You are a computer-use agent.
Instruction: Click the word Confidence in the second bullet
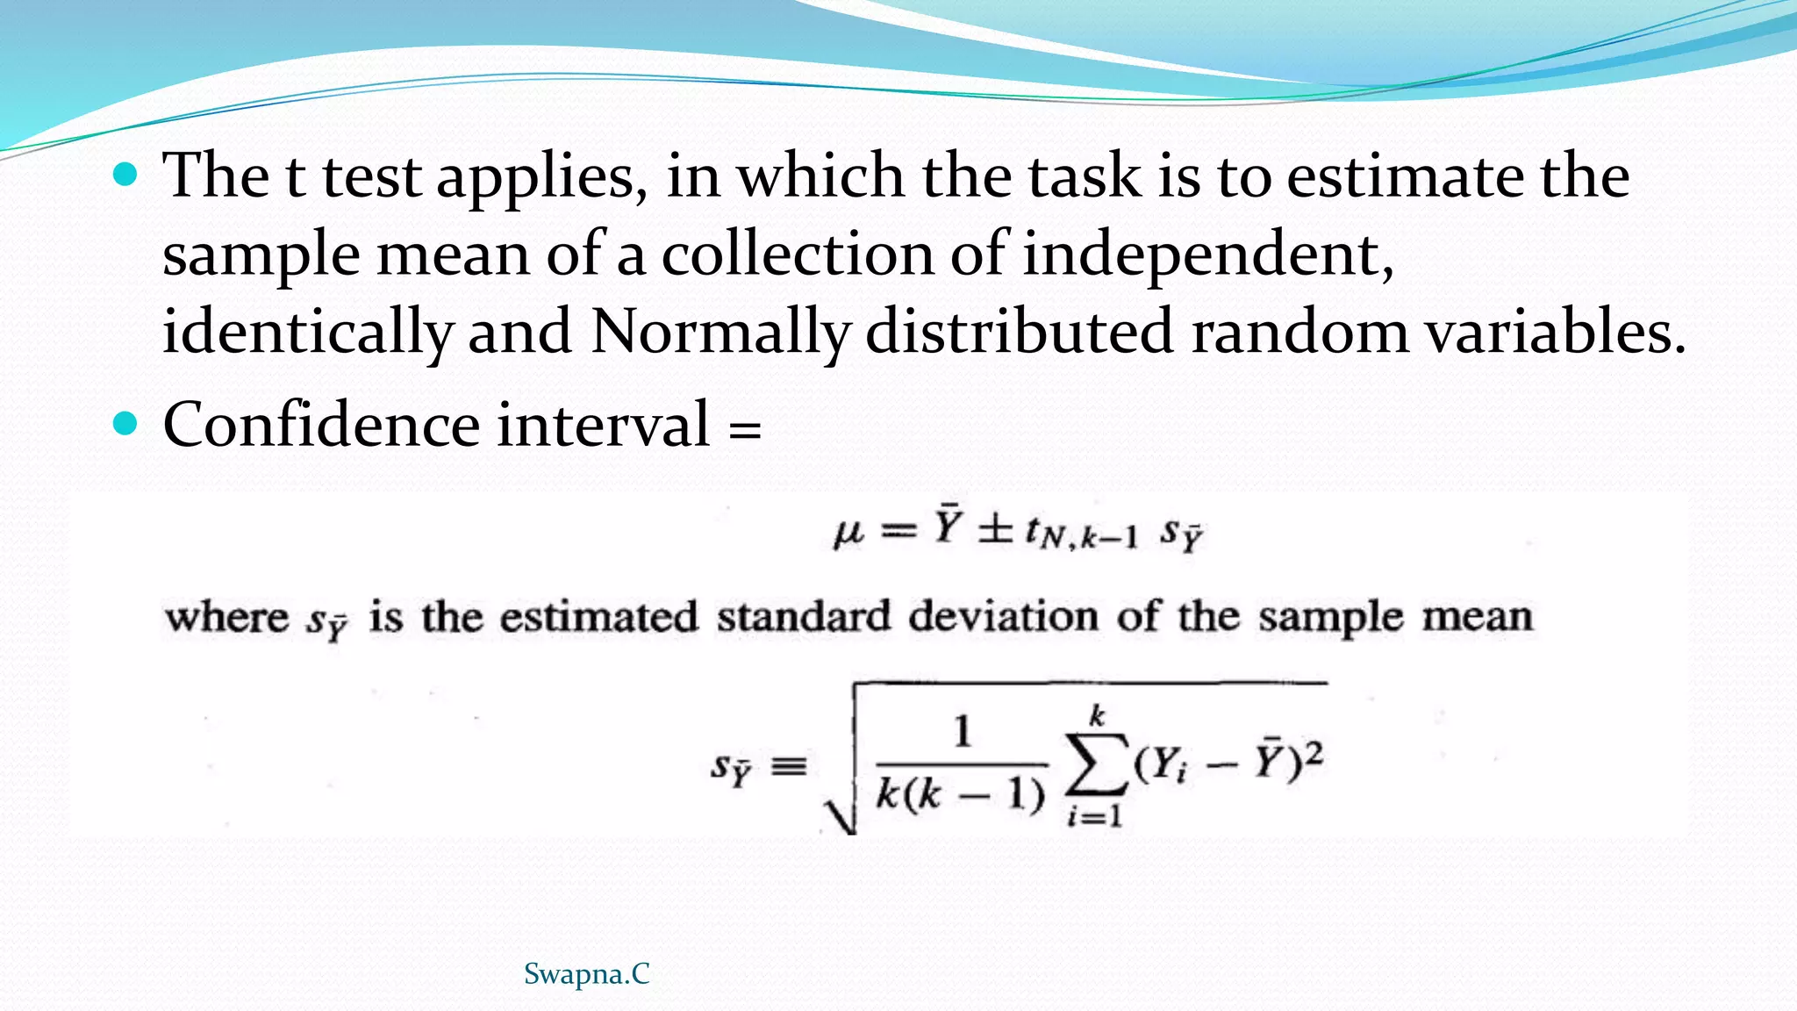pyautogui.click(x=320, y=426)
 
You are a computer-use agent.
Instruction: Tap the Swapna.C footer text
pyautogui.click(x=586, y=974)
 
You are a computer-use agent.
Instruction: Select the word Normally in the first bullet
pyautogui.click(x=720, y=333)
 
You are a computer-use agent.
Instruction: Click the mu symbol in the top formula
pyautogui.click(x=848, y=532)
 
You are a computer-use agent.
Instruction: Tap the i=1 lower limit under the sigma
pyautogui.click(x=1094, y=817)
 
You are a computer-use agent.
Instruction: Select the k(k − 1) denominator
pyautogui.click(x=961, y=794)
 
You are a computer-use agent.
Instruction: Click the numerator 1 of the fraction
pyautogui.click(x=963, y=732)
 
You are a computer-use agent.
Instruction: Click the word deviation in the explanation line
pyautogui.click(x=1003, y=617)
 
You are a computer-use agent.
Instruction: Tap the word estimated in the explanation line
pyautogui.click(x=599, y=617)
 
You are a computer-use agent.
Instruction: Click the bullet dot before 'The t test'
pyautogui.click(x=126, y=175)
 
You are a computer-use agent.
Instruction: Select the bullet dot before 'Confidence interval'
pyautogui.click(x=126, y=425)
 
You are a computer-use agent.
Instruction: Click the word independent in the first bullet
pyautogui.click(x=1206, y=255)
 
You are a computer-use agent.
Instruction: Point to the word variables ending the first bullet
pyautogui.click(x=1553, y=333)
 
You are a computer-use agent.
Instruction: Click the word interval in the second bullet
pyautogui.click(x=603, y=426)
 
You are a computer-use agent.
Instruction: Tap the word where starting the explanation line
pyautogui.click(x=226, y=617)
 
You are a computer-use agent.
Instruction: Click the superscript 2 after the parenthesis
pyautogui.click(x=1313, y=753)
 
